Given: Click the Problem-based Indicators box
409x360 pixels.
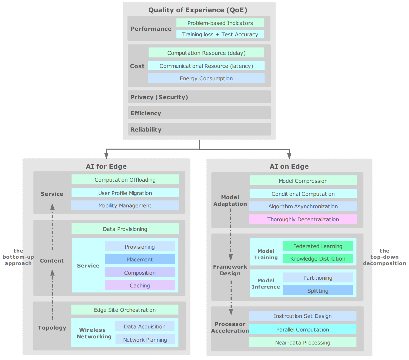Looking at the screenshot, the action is pos(220,23).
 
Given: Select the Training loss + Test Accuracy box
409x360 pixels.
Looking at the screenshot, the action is pos(220,34).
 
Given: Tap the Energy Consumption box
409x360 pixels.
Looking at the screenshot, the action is pos(206,78).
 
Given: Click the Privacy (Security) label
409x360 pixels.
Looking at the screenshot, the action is pos(159,97).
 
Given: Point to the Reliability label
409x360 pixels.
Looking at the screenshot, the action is pos(146,130).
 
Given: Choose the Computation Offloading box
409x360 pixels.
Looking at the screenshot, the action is pos(125,179).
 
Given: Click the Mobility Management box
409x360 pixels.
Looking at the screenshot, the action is pos(125,205).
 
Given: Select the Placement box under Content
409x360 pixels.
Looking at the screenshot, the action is pos(140,259).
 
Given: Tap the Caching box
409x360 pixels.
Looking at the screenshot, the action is pos(140,285).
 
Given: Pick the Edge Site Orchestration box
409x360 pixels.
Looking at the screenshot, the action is pos(125,310).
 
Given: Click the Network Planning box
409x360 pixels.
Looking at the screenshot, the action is pos(145,340).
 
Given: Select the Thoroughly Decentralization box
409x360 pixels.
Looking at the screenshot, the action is pos(303,219).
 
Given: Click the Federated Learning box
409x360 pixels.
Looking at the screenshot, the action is pos(318,246).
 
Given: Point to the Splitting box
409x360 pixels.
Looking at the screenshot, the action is pos(318,290).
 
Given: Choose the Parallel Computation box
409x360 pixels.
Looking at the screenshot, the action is pos(303,329).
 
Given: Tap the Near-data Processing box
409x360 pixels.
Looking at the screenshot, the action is pos(303,343).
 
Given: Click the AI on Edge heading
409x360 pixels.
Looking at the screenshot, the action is pos(289,166).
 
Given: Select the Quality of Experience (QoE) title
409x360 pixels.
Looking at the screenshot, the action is pos(198,10).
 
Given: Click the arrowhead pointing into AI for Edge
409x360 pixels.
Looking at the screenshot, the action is pos(106,156).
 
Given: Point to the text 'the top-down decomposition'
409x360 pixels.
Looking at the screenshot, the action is pos(385,257).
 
